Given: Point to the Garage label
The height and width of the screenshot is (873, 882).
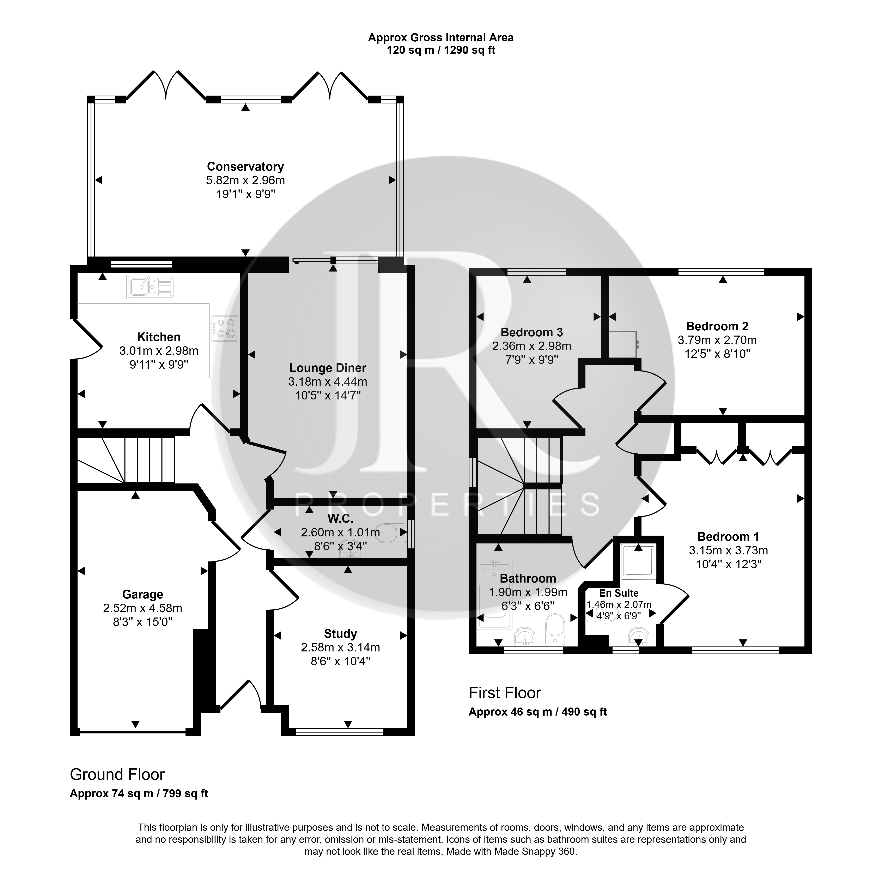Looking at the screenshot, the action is click(x=142, y=595).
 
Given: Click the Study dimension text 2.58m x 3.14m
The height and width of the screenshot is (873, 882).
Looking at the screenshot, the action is click(x=340, y=648).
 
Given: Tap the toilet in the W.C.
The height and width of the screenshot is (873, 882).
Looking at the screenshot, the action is click(x=393, y=532).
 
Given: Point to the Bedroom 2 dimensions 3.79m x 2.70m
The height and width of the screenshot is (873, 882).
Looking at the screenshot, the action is click(x=717, y=340).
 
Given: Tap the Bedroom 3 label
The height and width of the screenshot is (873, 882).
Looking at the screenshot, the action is click(x=532, y=332).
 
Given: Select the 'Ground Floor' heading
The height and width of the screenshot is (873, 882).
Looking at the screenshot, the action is click(x=117, y=774).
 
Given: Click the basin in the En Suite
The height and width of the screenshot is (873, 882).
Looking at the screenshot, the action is click(x=638, y=637).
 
